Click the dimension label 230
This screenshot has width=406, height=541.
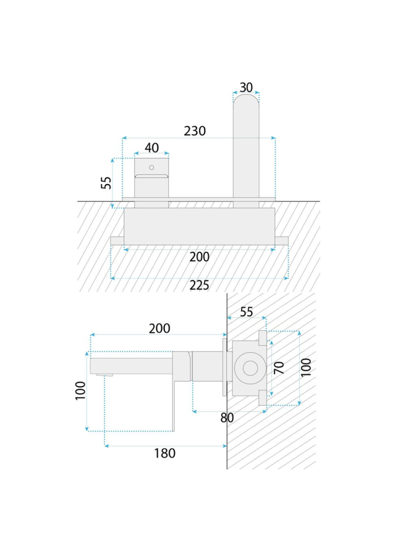[195, 131]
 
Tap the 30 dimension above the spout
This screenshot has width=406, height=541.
[246, 88]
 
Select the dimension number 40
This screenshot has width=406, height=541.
[152, 148]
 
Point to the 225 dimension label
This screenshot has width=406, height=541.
[199, 285]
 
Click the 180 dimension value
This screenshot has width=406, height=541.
[165, 453]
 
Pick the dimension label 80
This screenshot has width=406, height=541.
[227, 418]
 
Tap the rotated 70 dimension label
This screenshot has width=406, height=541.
[279, 368]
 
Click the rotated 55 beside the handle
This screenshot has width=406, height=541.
[106, 183]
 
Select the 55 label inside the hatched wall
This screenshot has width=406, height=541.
[247, 312]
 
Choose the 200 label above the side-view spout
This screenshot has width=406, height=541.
[159, 329]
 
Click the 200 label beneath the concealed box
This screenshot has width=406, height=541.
[199, 257]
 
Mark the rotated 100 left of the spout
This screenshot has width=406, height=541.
[80, 390]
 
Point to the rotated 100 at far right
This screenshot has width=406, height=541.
[306, 368]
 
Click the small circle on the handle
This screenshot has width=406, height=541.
[151, 168]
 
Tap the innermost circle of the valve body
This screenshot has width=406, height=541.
[250, 368]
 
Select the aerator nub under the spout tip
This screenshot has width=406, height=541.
[105, 375]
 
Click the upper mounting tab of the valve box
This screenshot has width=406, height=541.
[263, 338]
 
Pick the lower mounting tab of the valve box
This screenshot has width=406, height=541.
[263, 398]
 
